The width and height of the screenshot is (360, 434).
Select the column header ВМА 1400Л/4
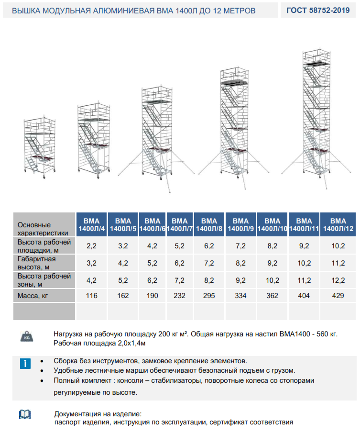click(x=91, y=225)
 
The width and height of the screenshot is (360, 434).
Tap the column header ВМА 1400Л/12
click(x=338, y=225)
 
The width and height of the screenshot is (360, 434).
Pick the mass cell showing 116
click(x=91, y=296)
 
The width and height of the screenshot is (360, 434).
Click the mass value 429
click(x=338, y=296)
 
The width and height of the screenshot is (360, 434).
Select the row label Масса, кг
click(x=33, y=296)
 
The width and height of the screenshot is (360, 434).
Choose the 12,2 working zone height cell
click(x=338, y=279)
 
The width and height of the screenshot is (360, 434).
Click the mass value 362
click(x=272, y=296)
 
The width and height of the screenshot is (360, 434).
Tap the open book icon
click(x=24, y=414)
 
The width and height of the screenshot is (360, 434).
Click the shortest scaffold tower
click(x=40, y=148)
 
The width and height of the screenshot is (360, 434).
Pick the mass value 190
click(x=152, y=296)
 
